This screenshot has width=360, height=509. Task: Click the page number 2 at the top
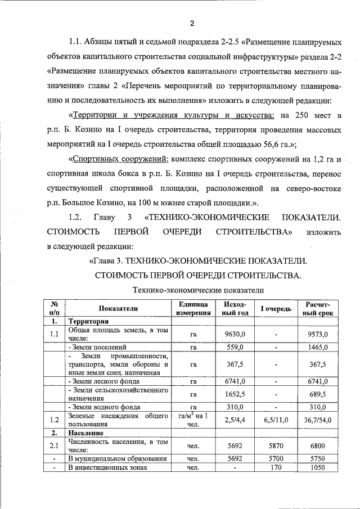click(192, 23)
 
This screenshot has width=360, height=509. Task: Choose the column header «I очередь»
click(276, 309)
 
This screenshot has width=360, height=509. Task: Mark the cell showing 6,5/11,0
click(276, 420)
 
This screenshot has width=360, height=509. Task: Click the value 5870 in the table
click(276, 446)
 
